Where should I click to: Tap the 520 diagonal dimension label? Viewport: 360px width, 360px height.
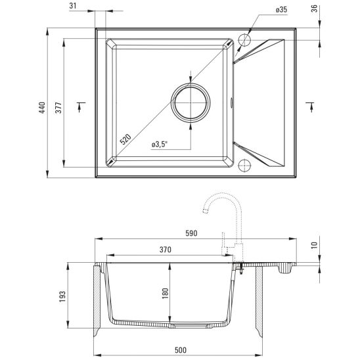tap(125, 139)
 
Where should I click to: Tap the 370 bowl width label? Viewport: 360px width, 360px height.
tap(165, 250)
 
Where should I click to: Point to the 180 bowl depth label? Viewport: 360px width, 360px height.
tap(162, 294)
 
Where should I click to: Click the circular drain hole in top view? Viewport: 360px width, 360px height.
tap(191, 104)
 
